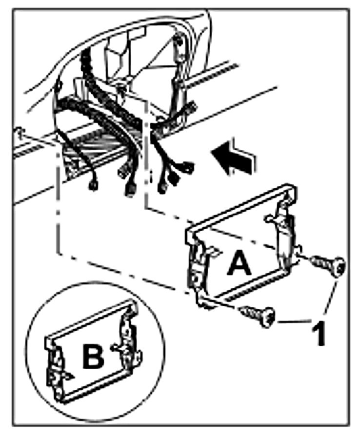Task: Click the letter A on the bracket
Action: coord(240,264)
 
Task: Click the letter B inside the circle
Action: coord(93,357)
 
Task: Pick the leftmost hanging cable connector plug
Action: coord(91,186)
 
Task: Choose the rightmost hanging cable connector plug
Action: coord(187,169)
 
